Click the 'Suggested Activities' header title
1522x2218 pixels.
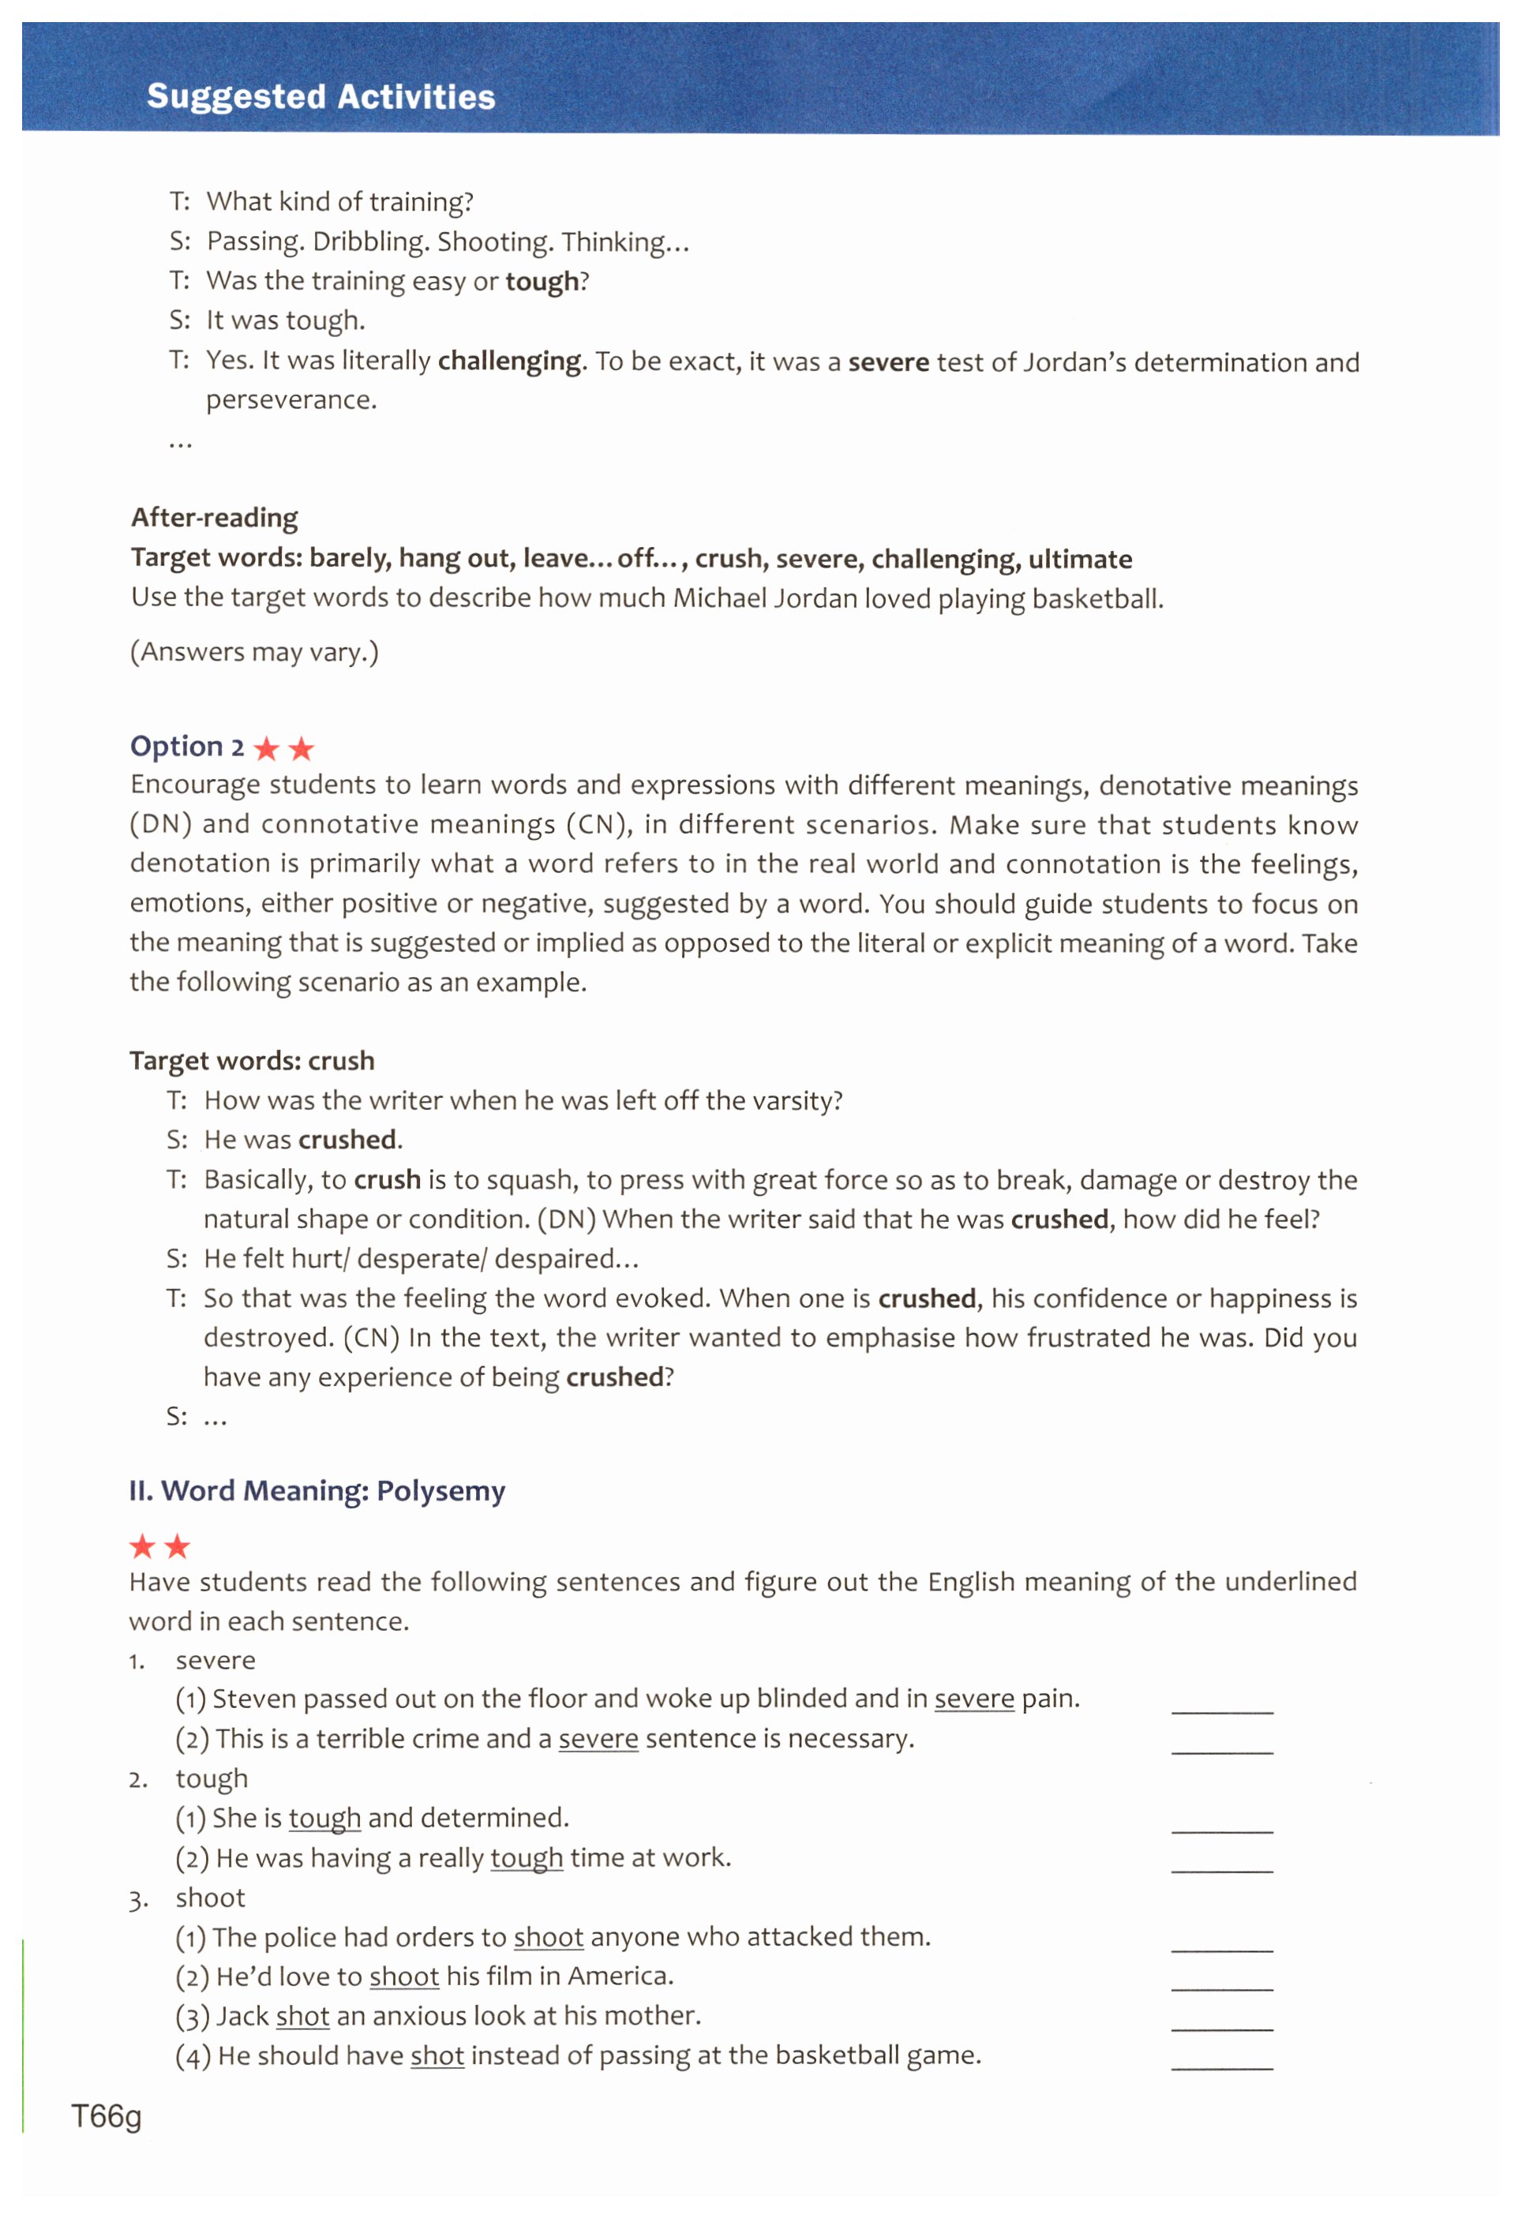321,96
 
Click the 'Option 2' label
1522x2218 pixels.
187,747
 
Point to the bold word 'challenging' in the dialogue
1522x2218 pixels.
509,361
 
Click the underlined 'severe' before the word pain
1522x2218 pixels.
973,1699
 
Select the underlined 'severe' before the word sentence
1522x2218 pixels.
598,1739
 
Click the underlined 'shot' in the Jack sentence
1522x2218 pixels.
302,2016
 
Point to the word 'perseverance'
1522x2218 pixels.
291,400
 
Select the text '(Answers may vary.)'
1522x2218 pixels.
255,652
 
